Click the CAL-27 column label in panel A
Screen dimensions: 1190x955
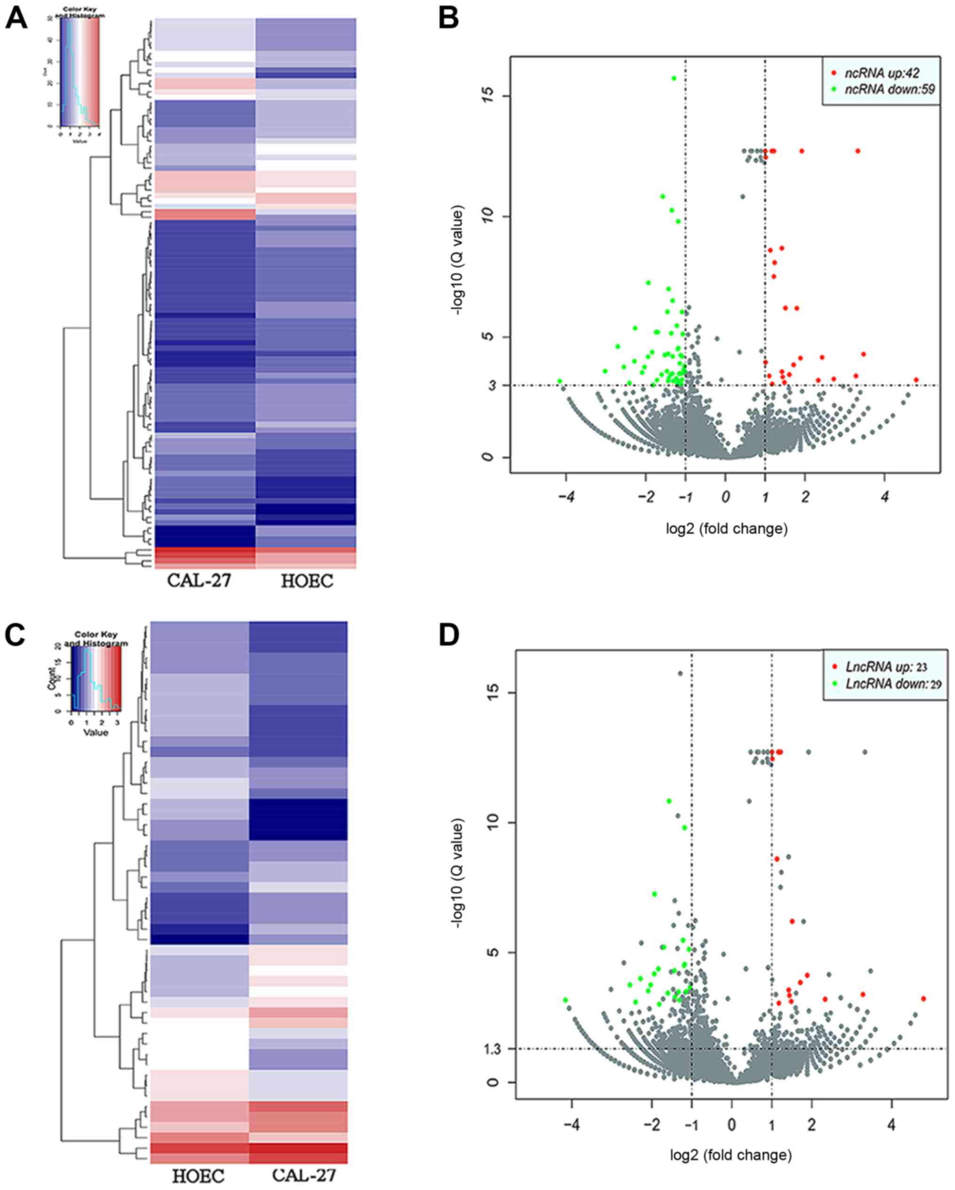pyautogui.click(x=199, y=581)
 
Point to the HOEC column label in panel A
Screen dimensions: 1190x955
pyautogui.click(x=307, y=581)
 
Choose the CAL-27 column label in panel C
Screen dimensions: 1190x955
pyautogui.click(x=303, y=1174)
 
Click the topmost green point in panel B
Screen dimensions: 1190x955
pyautogui.click(x=674, y=79)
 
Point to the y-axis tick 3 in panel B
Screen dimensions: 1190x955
pyautogui.click(x=492, y=385)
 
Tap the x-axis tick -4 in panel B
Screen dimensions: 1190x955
pyautogui.click(x=566, y=497)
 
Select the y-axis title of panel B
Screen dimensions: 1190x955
pyautogui.click(x=458, y=260)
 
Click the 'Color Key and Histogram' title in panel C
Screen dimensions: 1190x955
pyautogui.click(x=96, y=639)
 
